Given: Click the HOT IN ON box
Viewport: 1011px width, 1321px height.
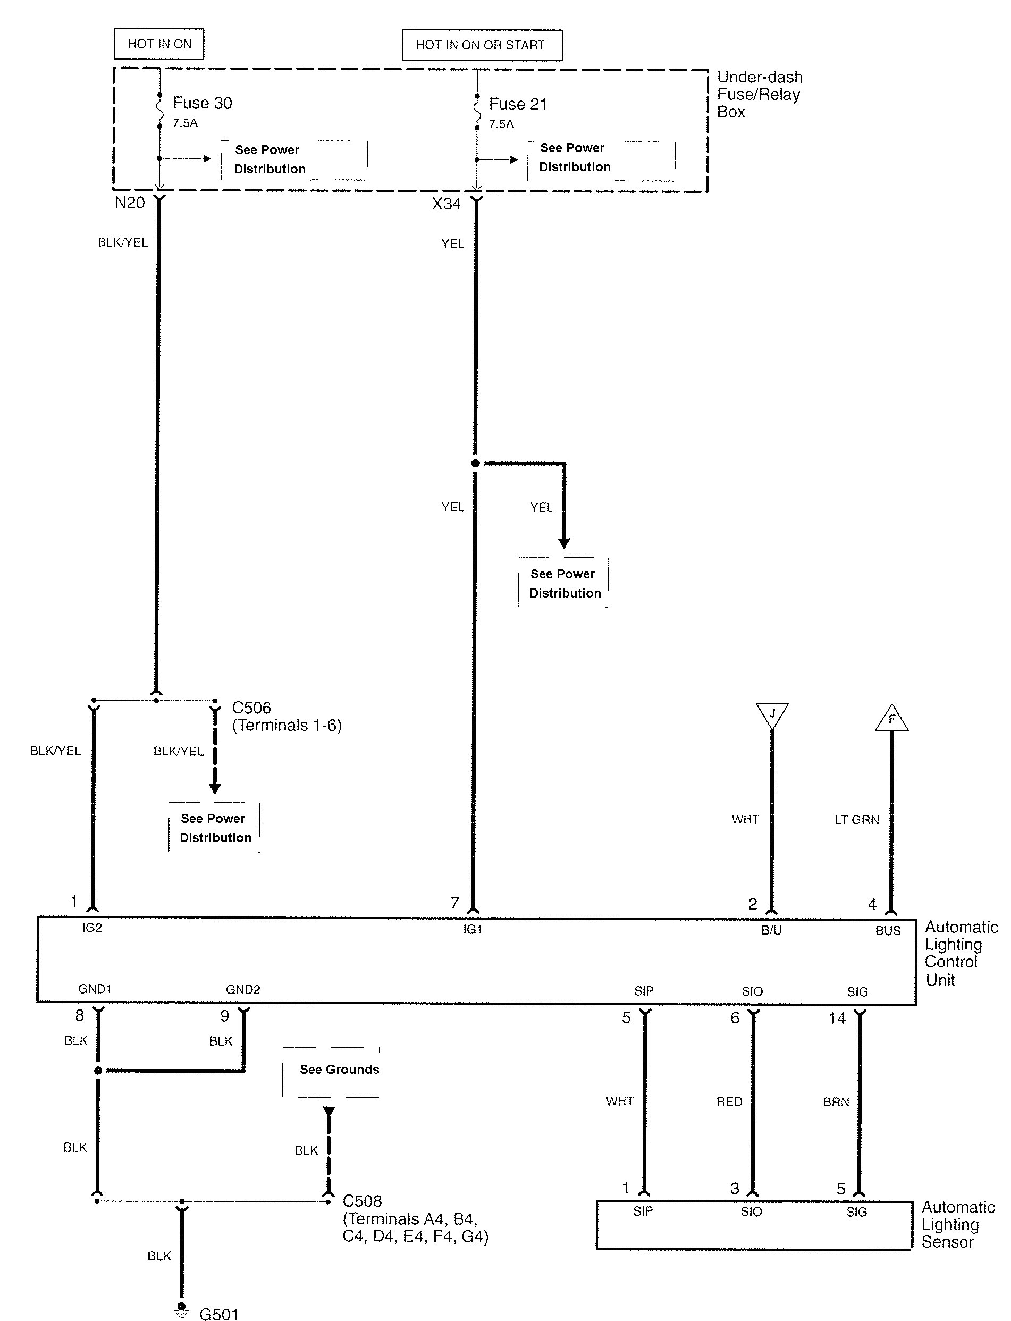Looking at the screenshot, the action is (x=159, y=44).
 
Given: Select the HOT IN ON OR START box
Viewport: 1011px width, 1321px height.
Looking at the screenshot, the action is (x=482, y=45).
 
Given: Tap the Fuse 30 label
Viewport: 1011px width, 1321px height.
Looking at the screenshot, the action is (x=202, y=103).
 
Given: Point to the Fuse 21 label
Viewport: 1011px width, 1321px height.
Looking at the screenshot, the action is (x=518, y=104).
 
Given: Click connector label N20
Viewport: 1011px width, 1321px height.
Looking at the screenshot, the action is (x=130, y=203).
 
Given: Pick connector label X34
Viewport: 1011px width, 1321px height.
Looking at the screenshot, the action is (x=446, y=204).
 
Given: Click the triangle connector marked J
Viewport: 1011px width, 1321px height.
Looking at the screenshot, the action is (x=772, y=715).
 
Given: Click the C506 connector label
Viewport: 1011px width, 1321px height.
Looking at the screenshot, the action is (x=251, y=708).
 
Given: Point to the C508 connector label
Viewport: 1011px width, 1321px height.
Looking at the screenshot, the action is (x=363, y=1201).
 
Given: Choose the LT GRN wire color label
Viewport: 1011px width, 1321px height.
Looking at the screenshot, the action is (x=857, y=820).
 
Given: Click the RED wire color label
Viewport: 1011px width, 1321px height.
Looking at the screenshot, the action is (x=729, y=1101).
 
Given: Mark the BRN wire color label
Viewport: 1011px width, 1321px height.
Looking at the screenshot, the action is (x=837, y=1102).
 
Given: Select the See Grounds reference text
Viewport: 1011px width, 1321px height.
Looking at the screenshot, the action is (x=340, y=1070).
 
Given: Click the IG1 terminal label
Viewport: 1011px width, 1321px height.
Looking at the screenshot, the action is (x=473, y=929).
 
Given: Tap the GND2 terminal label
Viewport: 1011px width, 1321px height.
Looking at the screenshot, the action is (x=243, y=989).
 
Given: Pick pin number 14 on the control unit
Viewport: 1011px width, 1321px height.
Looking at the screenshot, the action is (x=838, y=1019).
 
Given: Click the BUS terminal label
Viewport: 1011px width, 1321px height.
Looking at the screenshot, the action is (x=888, y=931).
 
